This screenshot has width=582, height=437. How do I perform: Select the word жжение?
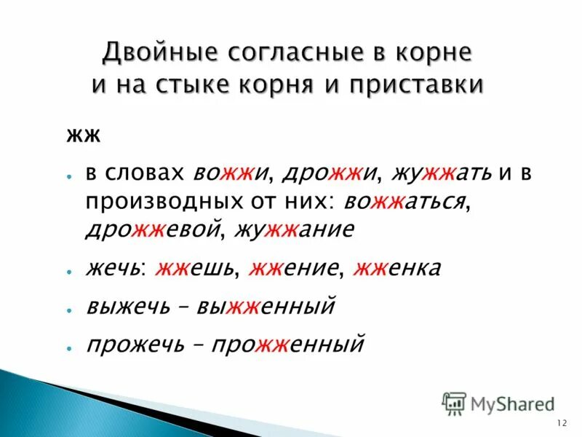[295, 268]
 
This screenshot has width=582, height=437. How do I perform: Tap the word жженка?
[397, 268]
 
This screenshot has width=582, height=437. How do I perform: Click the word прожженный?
[287, 344]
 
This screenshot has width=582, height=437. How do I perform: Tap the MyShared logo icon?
[454, 403]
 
